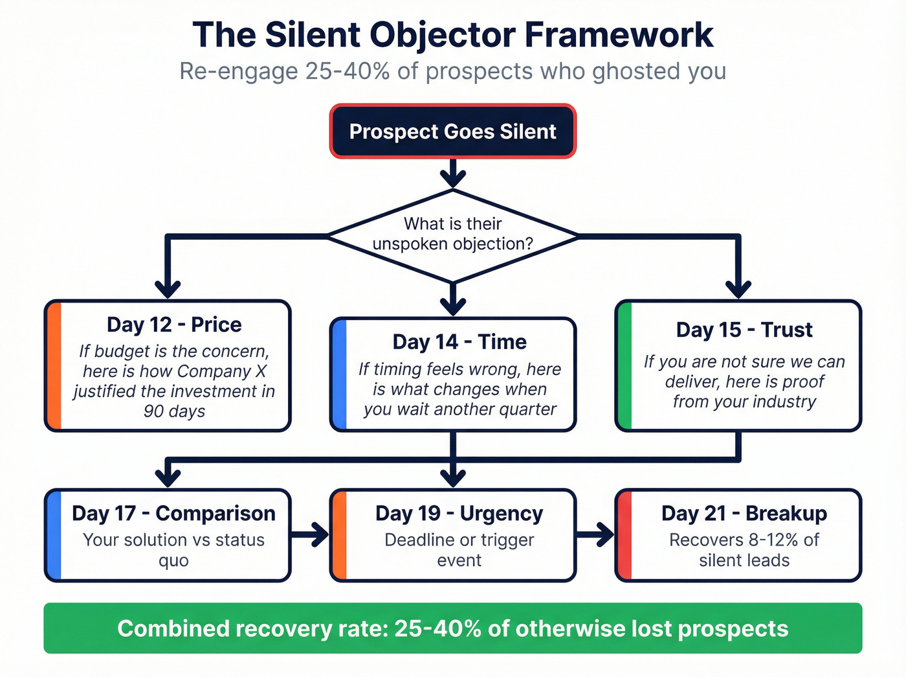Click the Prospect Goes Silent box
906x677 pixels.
(x=452, y=132)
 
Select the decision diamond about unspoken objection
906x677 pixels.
(x=452, y=235)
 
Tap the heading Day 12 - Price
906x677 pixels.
(x=174, y=325)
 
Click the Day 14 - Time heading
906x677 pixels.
(x=459, y=342)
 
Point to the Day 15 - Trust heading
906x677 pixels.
(x=744, y=330)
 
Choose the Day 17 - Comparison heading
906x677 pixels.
(x=173, y=513)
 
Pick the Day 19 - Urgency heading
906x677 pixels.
(x=459, y=513)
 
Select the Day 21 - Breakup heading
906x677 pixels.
(x=744, y=513)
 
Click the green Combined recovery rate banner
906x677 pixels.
(x=452, y=628)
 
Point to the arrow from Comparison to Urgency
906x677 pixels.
(x=310, y=535)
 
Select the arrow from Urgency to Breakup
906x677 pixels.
(x=595, y=535)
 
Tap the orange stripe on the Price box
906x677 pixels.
(x=54, y=366)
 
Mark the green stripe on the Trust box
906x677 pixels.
(x=624, y=366)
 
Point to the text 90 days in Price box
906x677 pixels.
(x=174, y=411)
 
